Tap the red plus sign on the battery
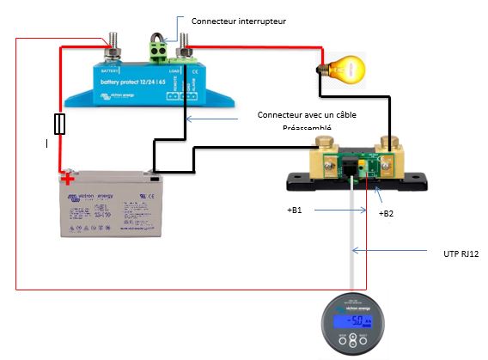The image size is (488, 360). pos(66,180)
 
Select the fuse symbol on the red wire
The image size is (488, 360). pos(58,125)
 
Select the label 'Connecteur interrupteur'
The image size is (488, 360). pos(238,19)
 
